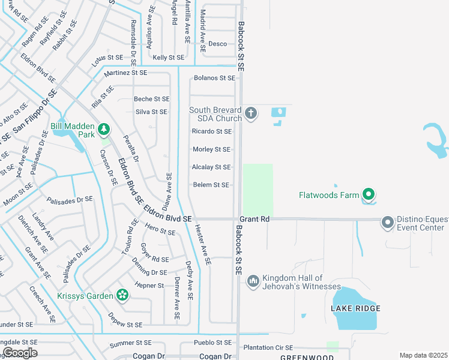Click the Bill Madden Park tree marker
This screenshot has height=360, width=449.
104,128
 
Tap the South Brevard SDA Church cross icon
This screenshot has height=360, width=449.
251,113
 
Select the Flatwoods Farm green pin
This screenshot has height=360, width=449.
369,194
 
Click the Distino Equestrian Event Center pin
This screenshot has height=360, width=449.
387,223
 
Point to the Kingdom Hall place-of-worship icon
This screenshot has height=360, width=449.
253,281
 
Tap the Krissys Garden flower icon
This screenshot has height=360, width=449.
122,295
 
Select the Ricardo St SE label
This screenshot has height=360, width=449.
211,131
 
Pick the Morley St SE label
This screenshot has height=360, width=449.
211,149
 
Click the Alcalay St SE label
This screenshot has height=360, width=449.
211,167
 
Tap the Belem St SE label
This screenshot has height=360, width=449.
211,185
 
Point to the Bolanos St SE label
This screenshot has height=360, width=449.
214,78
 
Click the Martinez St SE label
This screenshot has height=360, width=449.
125,73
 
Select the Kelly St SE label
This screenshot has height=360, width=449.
168,58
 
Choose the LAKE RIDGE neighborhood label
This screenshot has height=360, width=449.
355,308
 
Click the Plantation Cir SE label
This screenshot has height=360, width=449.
268,347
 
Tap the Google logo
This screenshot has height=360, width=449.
20,353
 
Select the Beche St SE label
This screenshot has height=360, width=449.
151,99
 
